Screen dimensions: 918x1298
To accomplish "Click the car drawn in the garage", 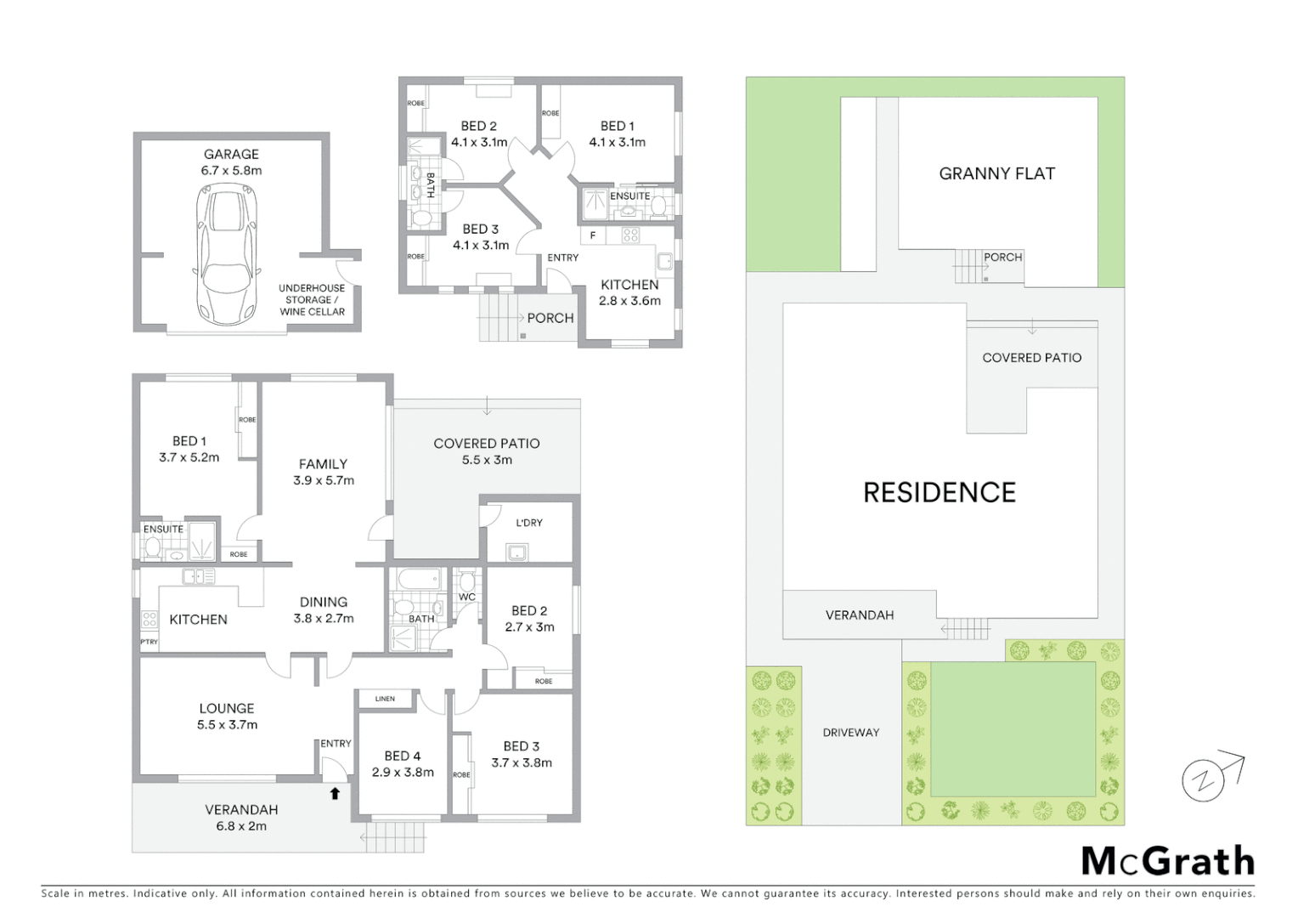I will point(226,255).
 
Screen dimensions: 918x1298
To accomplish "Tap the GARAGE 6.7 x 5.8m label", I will point(231,161).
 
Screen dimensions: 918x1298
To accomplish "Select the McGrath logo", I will point(1167,861).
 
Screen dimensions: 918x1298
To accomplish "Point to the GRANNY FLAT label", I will point(996,173).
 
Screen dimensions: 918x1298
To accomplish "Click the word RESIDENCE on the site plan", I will point(939,492).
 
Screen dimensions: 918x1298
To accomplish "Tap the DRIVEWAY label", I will point(850,732).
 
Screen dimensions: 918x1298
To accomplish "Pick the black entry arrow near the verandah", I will point(335,793).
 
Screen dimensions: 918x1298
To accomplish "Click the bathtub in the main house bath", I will point(416,581).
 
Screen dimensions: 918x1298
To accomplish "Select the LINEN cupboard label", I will point(385,699).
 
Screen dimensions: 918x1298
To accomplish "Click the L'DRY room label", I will point(528,522).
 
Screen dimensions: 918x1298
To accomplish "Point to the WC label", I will point(466,597).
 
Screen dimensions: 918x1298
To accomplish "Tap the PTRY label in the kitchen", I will point(149,642).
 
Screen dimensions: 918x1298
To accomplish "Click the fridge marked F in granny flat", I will point(593,235).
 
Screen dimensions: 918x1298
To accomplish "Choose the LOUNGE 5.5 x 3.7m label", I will point(227,716).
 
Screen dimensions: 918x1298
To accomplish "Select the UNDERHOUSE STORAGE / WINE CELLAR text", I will point(312,300).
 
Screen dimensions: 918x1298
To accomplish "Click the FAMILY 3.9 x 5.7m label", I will point(323,472).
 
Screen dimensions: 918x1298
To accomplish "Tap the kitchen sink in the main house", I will point(198,577).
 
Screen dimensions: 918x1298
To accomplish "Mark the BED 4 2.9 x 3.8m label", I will point(403,763).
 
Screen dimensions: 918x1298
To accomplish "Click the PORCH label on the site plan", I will point(1002,257).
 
